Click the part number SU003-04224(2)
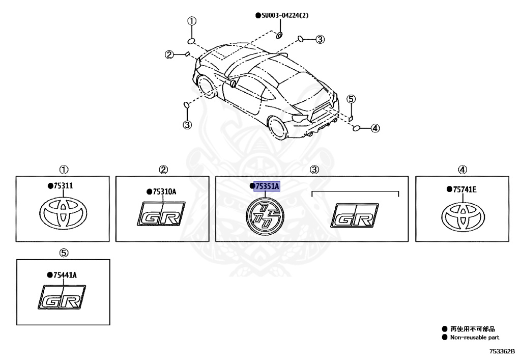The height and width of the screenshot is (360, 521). click(x=284, y=16)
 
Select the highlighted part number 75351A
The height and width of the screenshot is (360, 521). click(x=267, y=187)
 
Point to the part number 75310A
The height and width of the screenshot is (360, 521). click(x=163, y=191)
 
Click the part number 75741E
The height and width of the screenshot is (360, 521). click(x=464, y=189)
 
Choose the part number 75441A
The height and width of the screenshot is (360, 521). click(x=64, y=275)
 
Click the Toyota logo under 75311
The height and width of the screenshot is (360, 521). click(x=64, y=213)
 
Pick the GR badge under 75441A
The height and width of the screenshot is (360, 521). click(x=62, y=298)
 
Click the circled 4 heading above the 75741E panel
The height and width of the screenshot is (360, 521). click(x=462, y=170)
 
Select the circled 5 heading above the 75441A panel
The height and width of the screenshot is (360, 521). click(x=64, y=253)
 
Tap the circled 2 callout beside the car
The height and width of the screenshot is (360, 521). click(x=169, y=54)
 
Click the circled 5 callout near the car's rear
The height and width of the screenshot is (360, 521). click(x=352, y=99)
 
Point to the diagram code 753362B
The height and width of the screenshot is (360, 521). click(x=502, y=351)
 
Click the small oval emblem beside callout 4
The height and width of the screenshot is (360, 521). click(x=357, y=128)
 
